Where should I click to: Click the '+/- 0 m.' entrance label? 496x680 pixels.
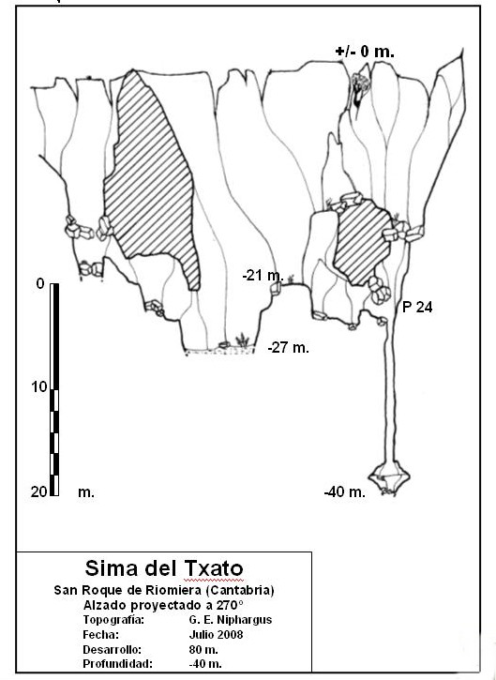pos(365,52)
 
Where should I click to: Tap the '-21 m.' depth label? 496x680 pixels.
pos(263,275)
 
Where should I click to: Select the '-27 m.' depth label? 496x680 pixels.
pos(289,347)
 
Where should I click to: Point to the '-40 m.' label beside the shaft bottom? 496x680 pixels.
pos(345,491)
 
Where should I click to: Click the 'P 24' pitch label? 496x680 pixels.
pos(417,307)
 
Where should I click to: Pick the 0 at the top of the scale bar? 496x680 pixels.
pos(40,283)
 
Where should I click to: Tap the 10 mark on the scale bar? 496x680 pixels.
pos(38,386)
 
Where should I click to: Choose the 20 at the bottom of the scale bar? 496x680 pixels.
pos(38,491)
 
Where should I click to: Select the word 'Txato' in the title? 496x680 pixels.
pos(214,568)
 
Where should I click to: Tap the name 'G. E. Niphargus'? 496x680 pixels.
pos(231,620)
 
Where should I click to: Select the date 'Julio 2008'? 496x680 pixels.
pos(216,634)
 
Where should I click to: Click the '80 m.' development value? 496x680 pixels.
pos(203,650)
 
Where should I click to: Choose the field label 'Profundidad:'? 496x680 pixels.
pos(117,663)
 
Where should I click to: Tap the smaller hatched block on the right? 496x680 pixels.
pos(362,242)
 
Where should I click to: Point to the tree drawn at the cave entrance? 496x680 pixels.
pos(359,89)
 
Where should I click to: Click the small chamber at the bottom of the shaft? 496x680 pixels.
pos(389,477)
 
